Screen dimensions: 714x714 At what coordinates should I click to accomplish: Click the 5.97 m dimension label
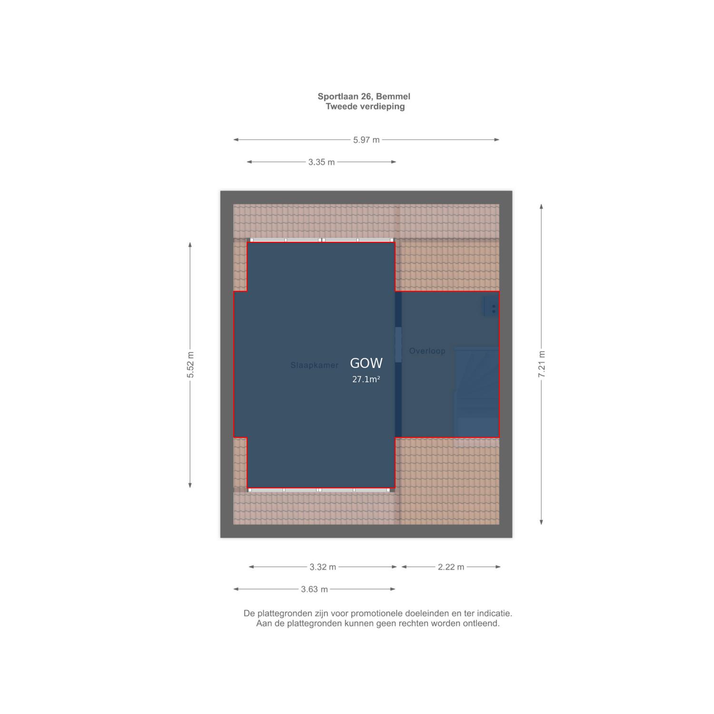[x=366, y=140]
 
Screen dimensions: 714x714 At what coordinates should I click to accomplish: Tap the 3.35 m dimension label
[x=321, y=162]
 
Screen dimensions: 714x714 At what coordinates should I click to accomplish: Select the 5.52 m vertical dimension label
[x=190, y=365]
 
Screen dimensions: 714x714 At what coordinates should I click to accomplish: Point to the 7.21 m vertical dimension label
[x=542, y=364]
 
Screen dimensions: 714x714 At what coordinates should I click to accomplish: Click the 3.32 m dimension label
[x=323, y=567]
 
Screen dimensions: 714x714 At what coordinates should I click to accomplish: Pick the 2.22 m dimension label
[x=451, y=567]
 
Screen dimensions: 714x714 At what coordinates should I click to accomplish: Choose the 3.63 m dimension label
[x=314, y=589]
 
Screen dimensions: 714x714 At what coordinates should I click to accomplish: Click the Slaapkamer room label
[x=314, y=365]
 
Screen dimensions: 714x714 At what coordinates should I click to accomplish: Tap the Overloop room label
[x=427, y=351]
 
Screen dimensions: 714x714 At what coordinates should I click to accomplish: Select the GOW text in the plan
[x=366, y=363]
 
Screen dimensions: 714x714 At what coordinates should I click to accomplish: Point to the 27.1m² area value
[x=366, y=379]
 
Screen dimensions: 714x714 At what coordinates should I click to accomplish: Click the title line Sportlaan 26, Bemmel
[x=364, y=97]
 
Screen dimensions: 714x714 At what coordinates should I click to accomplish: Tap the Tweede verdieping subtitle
[x=365, y=107]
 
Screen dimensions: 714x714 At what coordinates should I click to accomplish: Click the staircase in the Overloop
[x=476, y=393]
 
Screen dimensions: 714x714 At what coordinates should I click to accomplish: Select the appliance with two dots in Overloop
[x=491, y=306]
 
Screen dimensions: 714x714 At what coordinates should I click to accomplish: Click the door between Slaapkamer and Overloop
[x=398, y=345]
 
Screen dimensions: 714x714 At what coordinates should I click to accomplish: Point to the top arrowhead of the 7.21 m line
[x=541, y=206]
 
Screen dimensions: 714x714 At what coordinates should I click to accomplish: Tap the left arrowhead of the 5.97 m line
[x=236, y=140]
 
